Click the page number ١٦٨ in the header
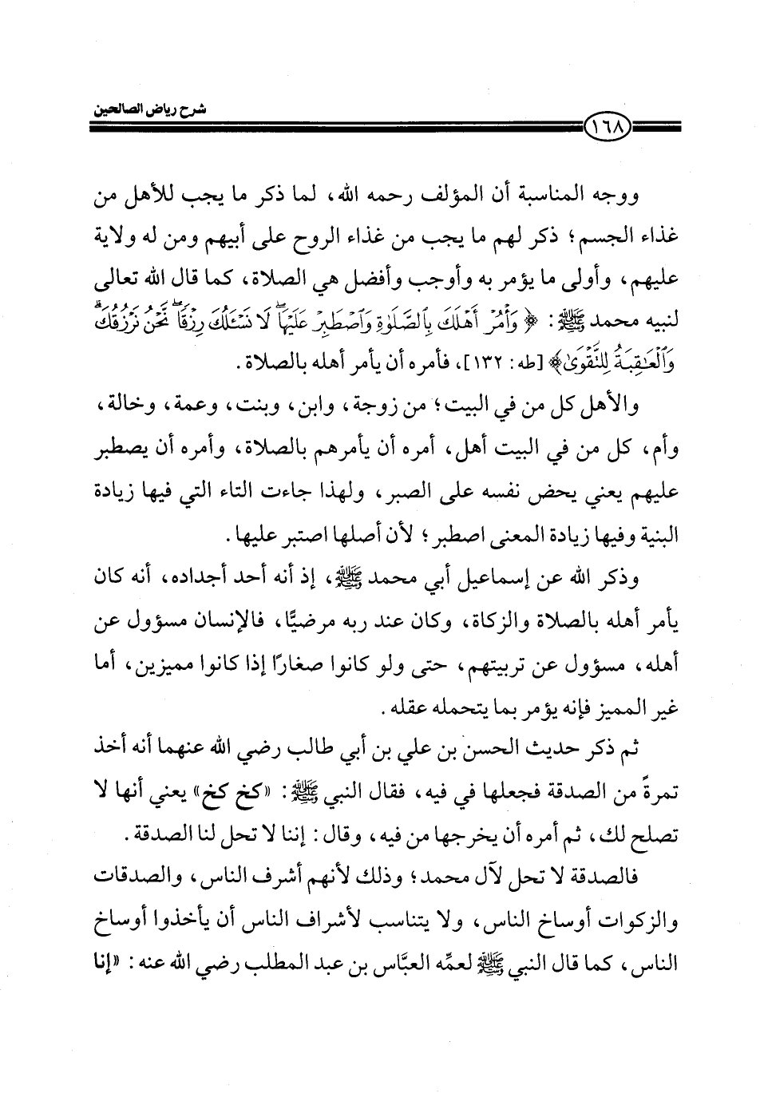click(x=608, y=125)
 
